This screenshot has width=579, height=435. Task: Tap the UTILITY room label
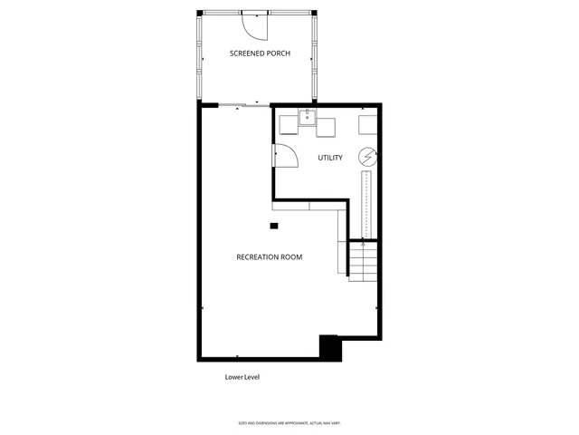click(x=330, y=158)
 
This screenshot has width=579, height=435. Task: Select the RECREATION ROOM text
click(x=270, y=256)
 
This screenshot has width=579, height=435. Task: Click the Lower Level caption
click(x=242, y=377)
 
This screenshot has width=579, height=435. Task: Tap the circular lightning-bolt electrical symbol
click(x=367, y=156)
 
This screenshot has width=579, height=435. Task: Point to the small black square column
click(x=274, y=226)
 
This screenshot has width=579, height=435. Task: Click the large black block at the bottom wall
click(x=329, y=347)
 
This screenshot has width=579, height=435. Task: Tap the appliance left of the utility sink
click(x=289, y=125)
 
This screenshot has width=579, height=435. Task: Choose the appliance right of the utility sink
click(x=325, y=126)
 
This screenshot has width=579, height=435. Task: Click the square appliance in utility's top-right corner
click(x=369, y=124)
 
